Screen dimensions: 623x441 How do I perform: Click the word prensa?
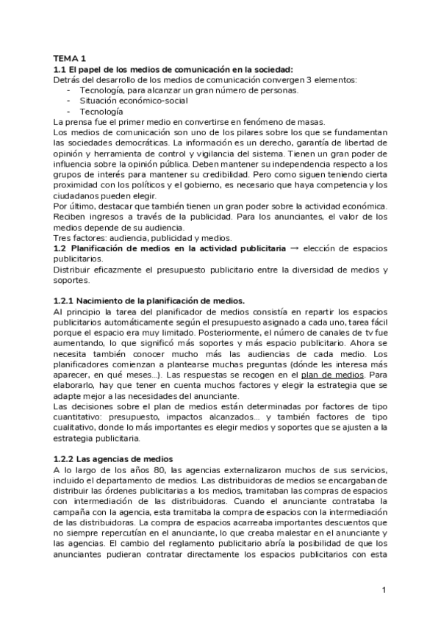tap(81, 121)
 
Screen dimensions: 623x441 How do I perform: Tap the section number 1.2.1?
tap(65, 301)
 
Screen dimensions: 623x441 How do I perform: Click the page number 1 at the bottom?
tap(384, 590)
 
